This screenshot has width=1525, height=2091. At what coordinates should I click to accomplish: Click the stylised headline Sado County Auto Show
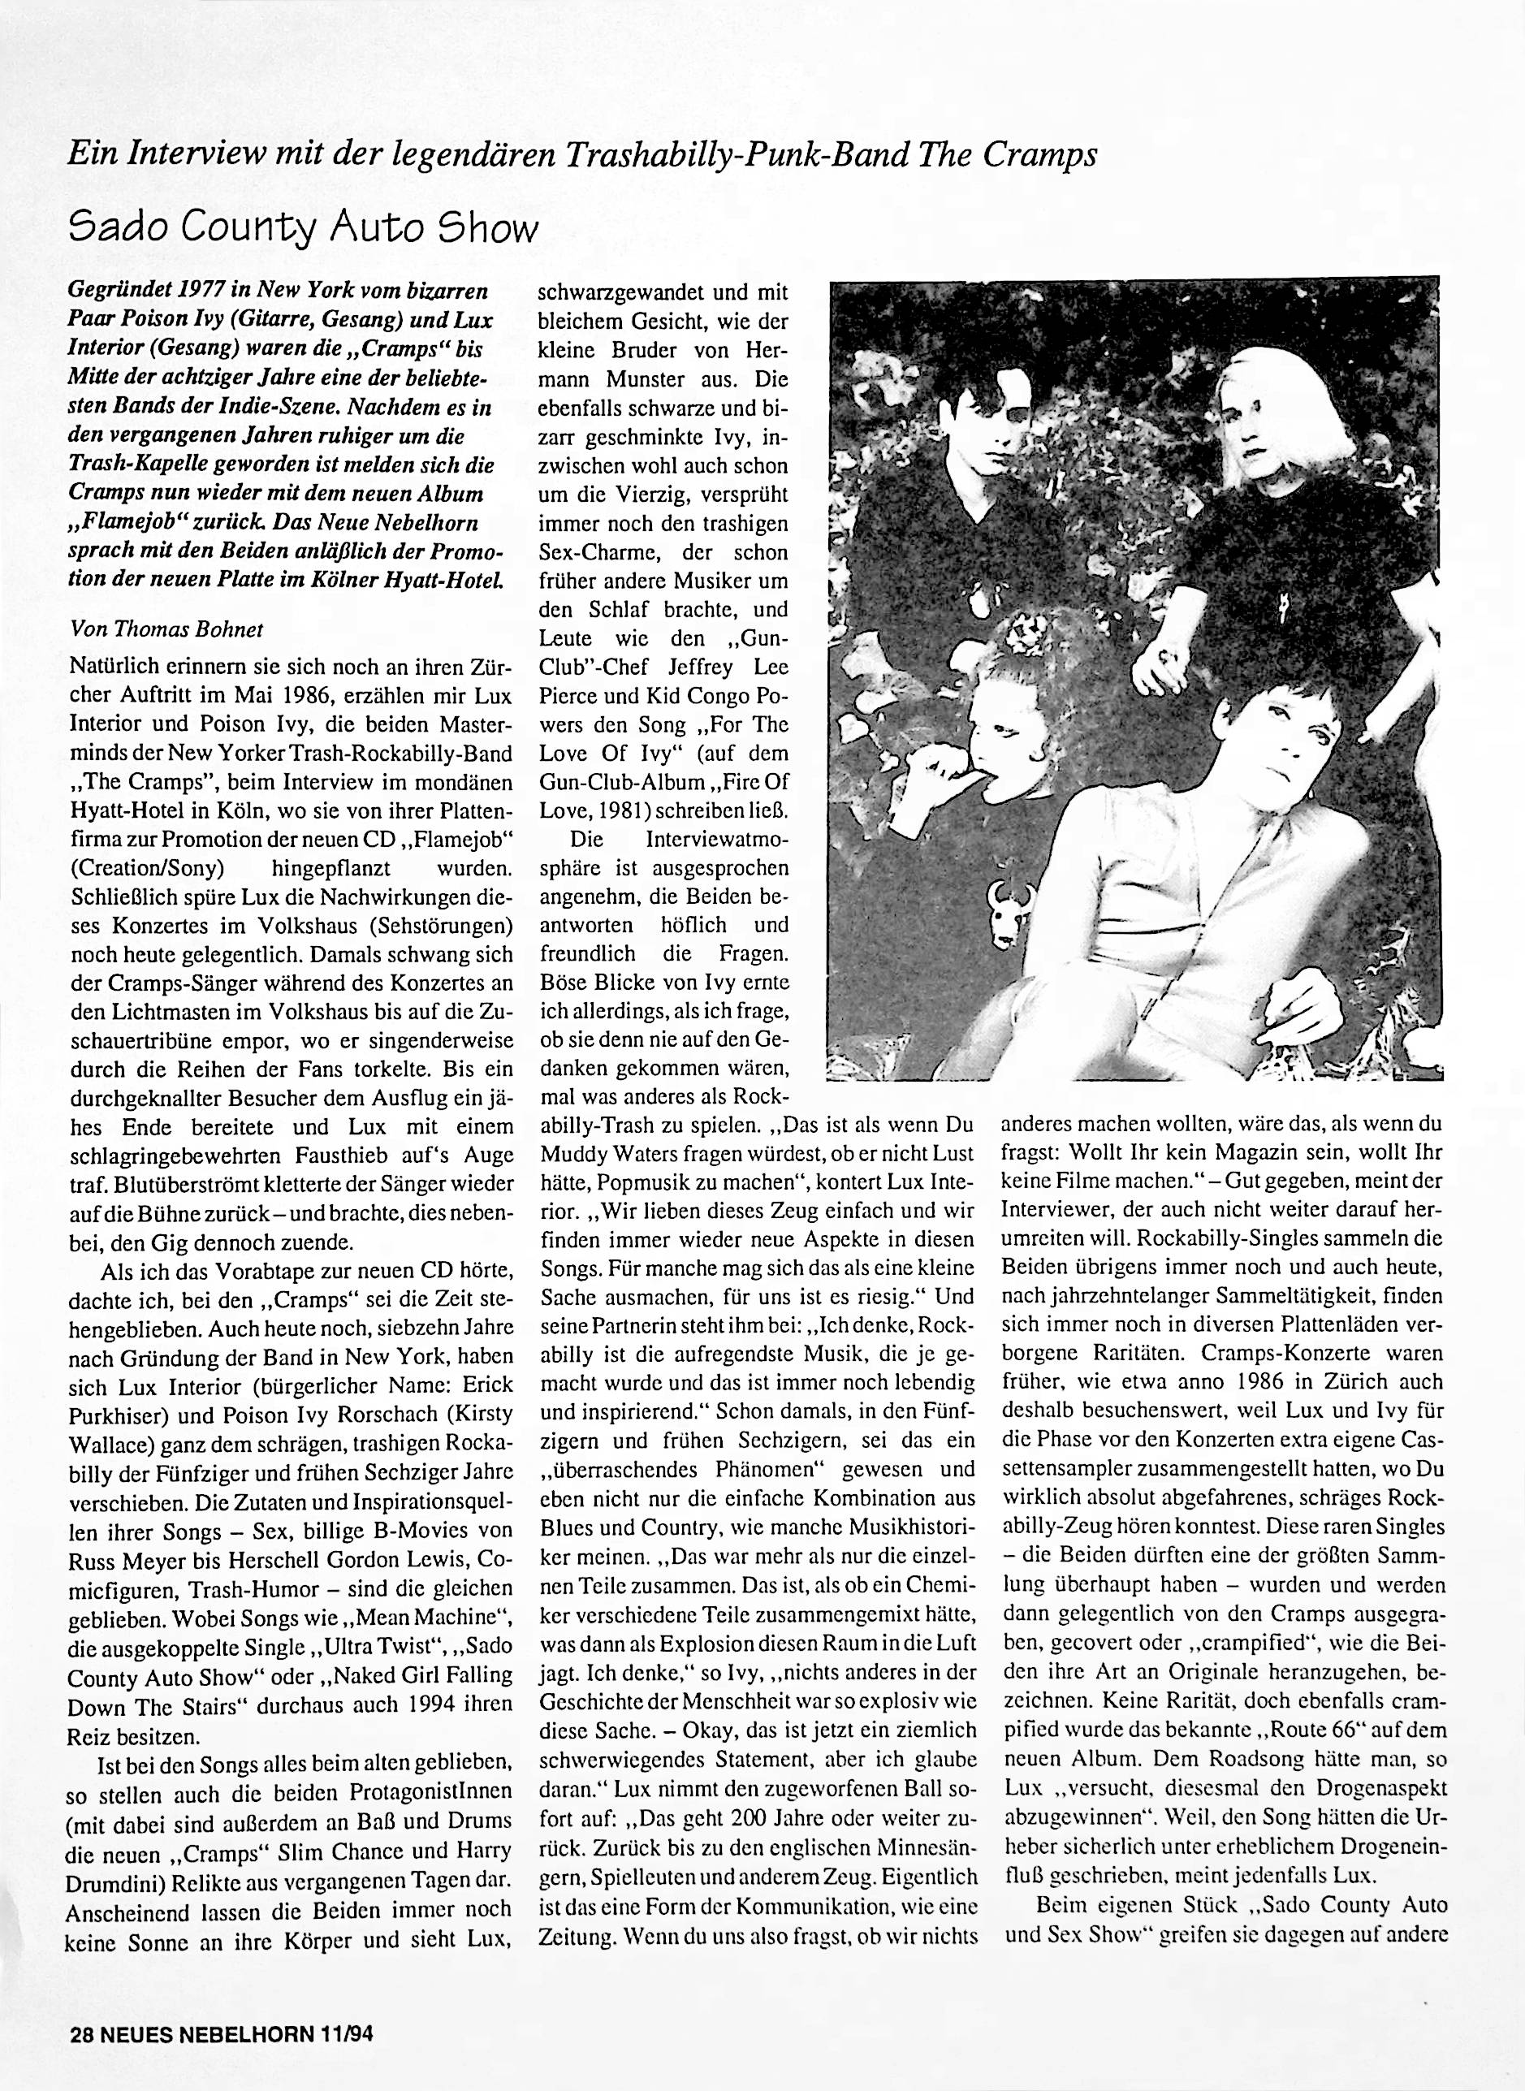303,227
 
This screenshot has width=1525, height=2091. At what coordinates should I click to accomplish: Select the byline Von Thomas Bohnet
166,629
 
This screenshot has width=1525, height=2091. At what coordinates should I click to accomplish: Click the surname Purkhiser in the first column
114,1417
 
